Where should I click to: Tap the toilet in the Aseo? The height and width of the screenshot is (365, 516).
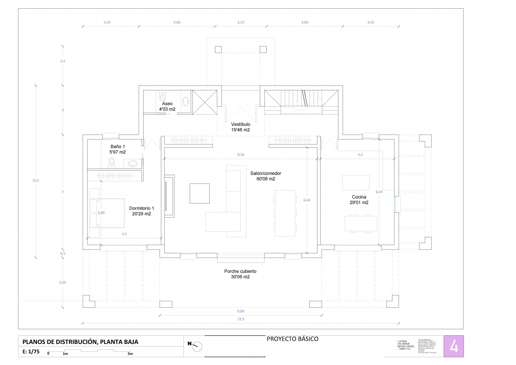click(x=162, y=96)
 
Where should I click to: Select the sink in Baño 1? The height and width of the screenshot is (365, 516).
click(x=133, y=163)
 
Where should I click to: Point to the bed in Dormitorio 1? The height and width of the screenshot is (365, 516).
click(x=110, y=213)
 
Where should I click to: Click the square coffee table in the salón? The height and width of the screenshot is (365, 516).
click(x=199, y=193)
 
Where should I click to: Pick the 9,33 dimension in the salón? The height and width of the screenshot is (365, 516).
click(x=241, y=155)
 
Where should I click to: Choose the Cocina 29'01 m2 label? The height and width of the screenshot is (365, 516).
click(x=359, y=200)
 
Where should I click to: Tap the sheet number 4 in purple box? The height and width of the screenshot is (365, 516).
click(x=454, y=346)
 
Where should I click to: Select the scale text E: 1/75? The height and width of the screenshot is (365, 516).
click(x=31, y=352)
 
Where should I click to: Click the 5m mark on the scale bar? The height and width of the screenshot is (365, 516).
click(x=130, y=354)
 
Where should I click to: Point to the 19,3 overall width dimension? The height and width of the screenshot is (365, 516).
click(x=241, y=319)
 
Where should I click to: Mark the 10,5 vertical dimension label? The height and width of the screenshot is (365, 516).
click(x=36, y=180)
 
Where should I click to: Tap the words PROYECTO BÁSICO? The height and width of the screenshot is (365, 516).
click(x=292, y=339)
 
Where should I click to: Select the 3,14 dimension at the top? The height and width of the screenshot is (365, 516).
click(x=241, y=22)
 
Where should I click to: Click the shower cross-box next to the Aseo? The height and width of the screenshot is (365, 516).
click(x=205, y=102)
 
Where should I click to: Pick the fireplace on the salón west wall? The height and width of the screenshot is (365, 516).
click(x=169, y=196)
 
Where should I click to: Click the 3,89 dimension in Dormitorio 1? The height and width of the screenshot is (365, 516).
click(x=101, y=213)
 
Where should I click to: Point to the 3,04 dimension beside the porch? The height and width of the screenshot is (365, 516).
click(x=63, y=282)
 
